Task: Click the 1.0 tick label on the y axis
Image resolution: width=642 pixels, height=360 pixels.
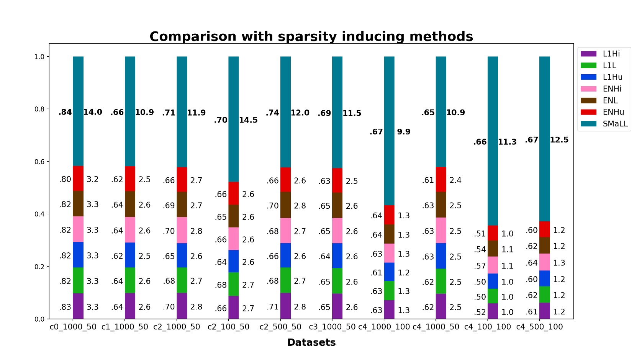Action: pos(39,57)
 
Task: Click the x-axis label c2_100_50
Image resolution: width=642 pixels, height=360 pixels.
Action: pos(228,327)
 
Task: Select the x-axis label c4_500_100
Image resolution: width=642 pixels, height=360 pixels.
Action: pos(539,327)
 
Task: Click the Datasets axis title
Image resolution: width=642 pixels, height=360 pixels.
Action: pos(311,342)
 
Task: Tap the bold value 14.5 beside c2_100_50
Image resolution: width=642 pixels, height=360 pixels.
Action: pos(248,120)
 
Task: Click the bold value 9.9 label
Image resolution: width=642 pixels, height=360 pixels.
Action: pos(403,132)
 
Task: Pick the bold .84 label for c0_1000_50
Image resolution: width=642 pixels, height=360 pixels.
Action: pos(65,113)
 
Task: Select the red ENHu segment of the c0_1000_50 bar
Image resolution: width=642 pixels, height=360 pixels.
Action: pos(78,178)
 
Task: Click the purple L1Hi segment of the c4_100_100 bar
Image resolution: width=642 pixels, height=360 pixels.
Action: pos(493,311)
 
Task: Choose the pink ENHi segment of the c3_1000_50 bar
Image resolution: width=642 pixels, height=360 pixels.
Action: pos(337,231)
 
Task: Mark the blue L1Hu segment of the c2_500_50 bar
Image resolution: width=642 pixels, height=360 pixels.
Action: pos(285,255)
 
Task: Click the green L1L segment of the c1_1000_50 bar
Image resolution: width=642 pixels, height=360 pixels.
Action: pos(130,280)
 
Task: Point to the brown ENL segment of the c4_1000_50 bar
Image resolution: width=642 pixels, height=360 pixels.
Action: pos(441,205)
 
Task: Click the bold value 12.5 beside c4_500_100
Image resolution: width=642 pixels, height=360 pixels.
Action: pos(559,140)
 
